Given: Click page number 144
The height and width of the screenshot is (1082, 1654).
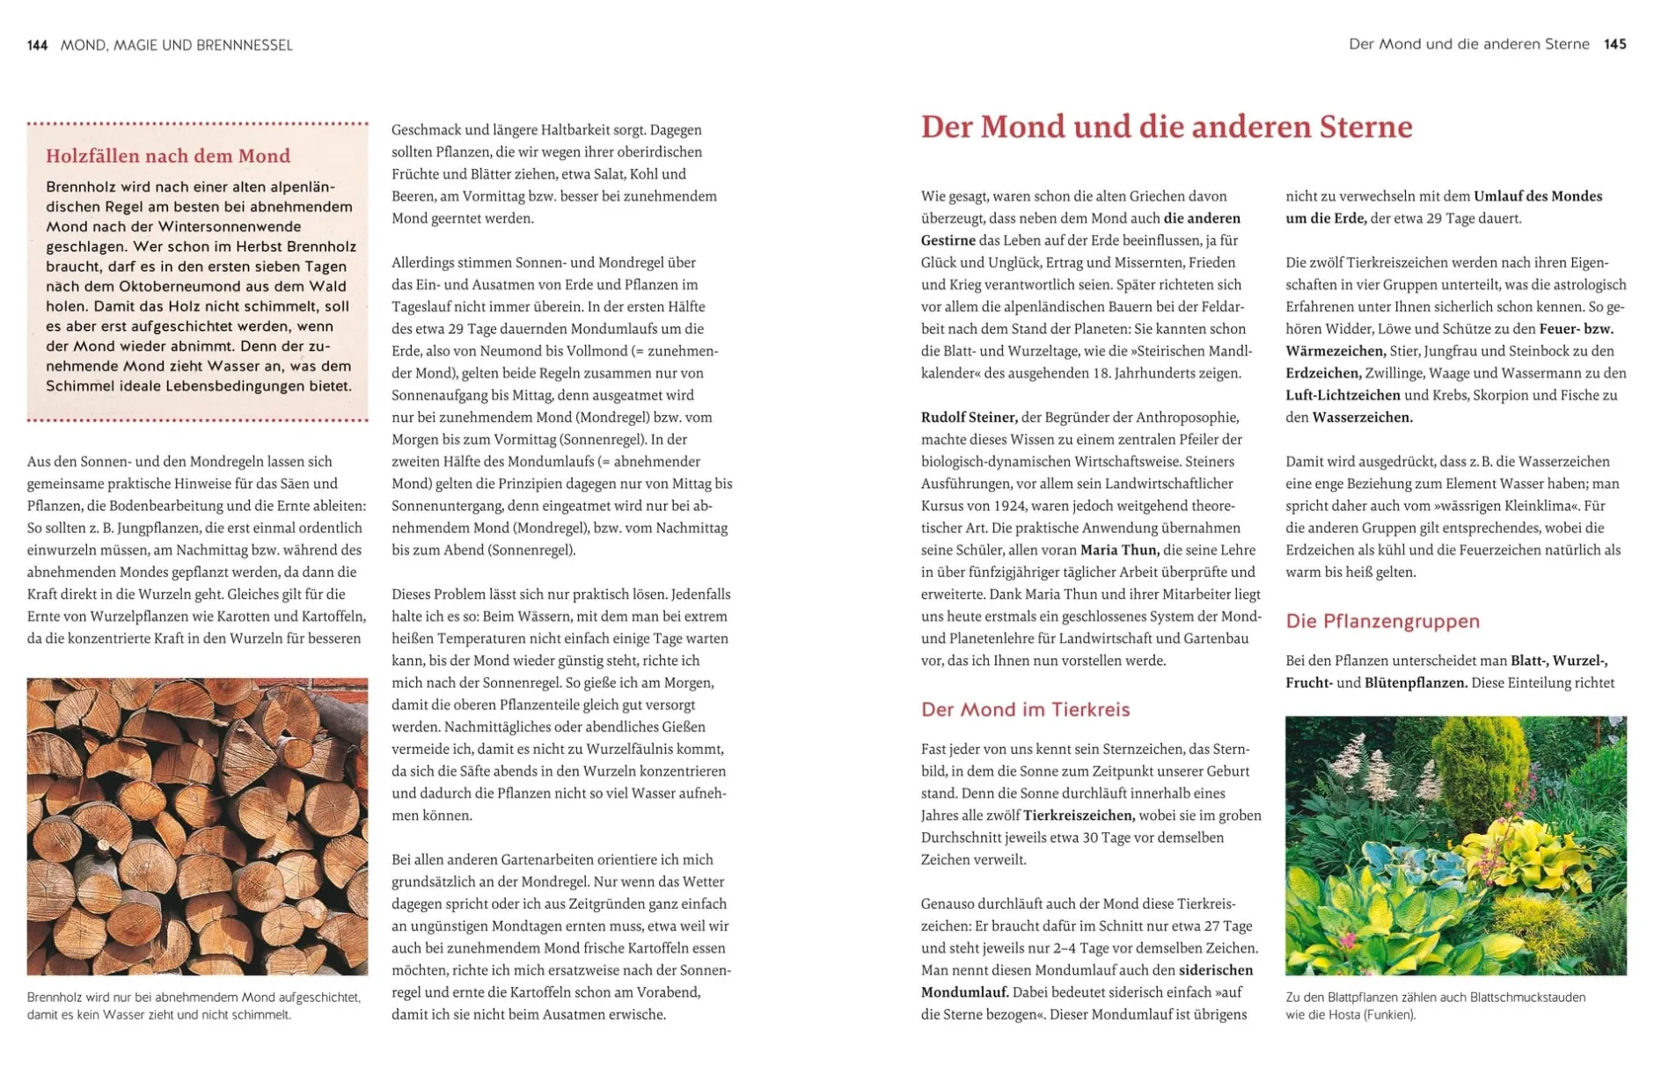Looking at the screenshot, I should click(37, 45).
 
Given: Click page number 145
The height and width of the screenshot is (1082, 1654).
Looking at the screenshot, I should click(1614, 44).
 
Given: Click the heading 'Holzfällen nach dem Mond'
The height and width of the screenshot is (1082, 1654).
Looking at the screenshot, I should click(168, 156).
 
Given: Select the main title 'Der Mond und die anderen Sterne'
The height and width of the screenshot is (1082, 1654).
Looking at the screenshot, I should click(1166, 127).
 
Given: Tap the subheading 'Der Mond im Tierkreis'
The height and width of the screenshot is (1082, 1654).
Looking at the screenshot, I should click(1025, 709).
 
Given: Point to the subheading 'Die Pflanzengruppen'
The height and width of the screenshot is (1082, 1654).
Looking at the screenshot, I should click(1382, 621).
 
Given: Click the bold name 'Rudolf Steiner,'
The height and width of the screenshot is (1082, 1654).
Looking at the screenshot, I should click(969, 417).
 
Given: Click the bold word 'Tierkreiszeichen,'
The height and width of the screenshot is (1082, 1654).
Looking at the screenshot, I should click(1079, 815).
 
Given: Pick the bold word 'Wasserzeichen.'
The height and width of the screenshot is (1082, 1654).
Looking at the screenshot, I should click(1362, 417).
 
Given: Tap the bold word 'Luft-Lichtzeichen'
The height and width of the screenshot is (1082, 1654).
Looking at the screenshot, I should click(1343, 395).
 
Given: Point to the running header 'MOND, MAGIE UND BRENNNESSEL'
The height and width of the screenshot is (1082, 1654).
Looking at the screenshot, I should click(176, 45).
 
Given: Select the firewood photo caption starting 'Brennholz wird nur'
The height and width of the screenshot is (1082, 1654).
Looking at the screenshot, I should click(194, 1005).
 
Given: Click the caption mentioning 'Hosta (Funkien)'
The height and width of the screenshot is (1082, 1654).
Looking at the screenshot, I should click(1435, 1005).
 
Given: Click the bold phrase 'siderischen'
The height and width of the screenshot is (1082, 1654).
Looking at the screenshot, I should click(1216, 970).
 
